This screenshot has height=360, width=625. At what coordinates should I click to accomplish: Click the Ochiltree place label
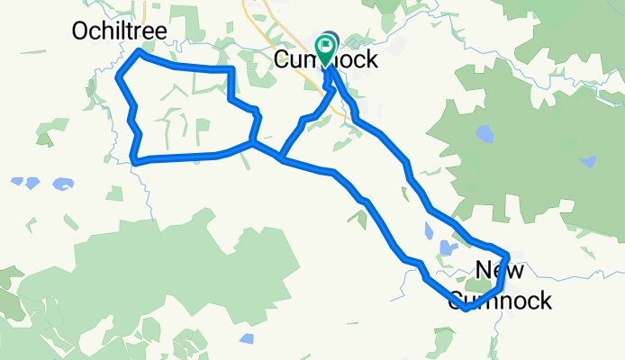[119, 32]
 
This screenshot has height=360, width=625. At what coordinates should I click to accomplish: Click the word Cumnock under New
[500, 301]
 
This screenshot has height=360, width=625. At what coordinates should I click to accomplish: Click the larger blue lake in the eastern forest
[485, 135]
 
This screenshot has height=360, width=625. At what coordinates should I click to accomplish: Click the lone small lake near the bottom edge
[247, 338]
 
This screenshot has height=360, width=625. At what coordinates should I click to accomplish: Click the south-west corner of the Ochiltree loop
[133, 162]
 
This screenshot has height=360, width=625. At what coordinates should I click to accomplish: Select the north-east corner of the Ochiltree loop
[233, 69]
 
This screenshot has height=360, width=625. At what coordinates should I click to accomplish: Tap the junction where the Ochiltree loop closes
[253, 142]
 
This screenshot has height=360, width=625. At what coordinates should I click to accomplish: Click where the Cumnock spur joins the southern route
[282, 160]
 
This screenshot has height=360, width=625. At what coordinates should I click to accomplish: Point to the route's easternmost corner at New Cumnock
[508, 255]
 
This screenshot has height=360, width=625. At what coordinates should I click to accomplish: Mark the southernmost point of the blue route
[466, 309]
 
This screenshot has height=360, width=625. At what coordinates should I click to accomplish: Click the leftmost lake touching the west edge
[16, 181]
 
